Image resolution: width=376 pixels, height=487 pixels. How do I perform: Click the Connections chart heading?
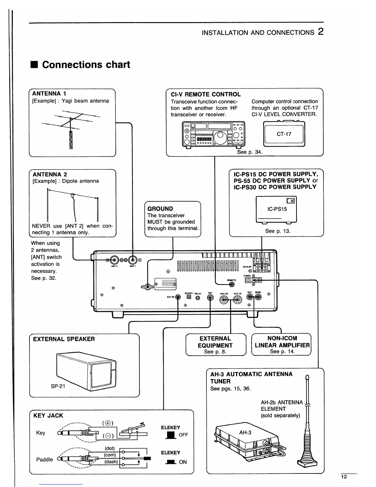86,65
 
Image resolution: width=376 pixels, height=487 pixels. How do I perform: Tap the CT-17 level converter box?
284,134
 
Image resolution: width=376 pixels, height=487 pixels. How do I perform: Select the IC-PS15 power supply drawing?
276,209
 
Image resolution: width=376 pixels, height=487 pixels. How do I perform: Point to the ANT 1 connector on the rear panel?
132,260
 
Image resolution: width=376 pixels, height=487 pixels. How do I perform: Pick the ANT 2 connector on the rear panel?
114,260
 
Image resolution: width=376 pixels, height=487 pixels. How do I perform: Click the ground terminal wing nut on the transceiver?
148,287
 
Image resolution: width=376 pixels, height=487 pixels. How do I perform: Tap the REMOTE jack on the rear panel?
232,284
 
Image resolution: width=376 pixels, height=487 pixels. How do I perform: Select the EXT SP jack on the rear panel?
178,297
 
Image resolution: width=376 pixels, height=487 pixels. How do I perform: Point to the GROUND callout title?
160,209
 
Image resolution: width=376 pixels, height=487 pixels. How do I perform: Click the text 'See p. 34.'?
249,152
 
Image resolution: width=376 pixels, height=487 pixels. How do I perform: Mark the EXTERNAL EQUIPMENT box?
216,345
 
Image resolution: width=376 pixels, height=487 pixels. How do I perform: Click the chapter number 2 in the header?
321,32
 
